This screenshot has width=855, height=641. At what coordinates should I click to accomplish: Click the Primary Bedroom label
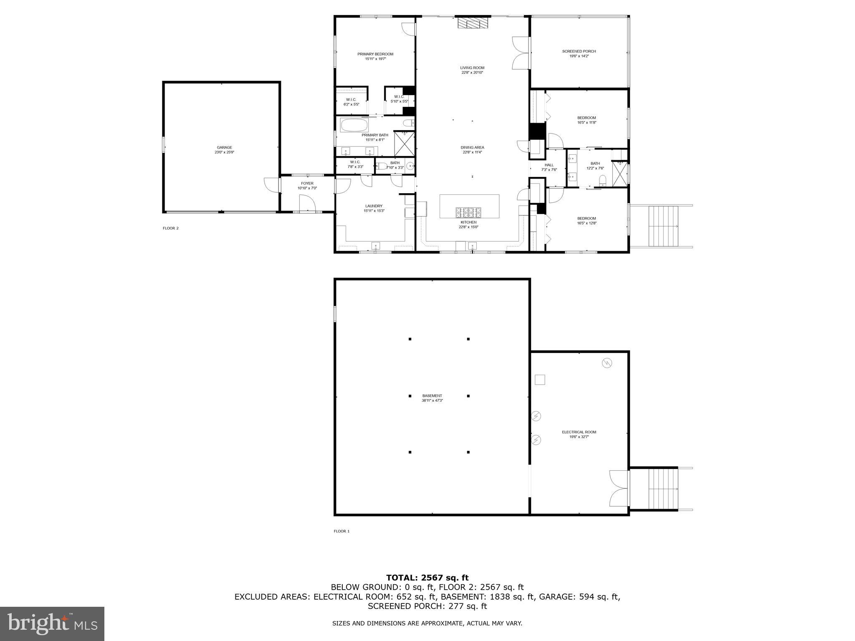(x=375, y=54)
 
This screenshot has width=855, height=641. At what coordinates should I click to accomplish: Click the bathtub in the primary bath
(x=354, y=125)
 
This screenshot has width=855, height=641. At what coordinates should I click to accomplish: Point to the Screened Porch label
(x=579, y=51)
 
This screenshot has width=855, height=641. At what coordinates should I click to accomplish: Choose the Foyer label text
(x=307, y=183)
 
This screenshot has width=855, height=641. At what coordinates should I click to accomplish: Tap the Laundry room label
(x=374, y=206)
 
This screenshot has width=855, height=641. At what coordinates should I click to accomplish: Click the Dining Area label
(x=472, y=147)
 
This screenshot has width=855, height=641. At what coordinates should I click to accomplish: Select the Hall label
(x=549, y=165)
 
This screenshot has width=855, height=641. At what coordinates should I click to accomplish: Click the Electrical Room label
(x=579, y=432)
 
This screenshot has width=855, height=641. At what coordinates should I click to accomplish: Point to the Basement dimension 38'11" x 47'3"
(x=432, y=401)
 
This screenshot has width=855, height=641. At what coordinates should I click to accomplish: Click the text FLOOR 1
(x=341, y=531)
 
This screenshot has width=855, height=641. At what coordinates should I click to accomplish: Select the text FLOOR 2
(x=170, y=228)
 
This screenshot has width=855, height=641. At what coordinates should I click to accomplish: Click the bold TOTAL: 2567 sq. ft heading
(x=427, y=578)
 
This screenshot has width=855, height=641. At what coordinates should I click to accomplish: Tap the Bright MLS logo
(x=52, y=624)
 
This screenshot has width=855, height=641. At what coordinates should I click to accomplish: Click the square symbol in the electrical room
(x=540, y=380)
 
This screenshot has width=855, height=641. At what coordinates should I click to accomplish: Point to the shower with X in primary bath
(x=404, y=143)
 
